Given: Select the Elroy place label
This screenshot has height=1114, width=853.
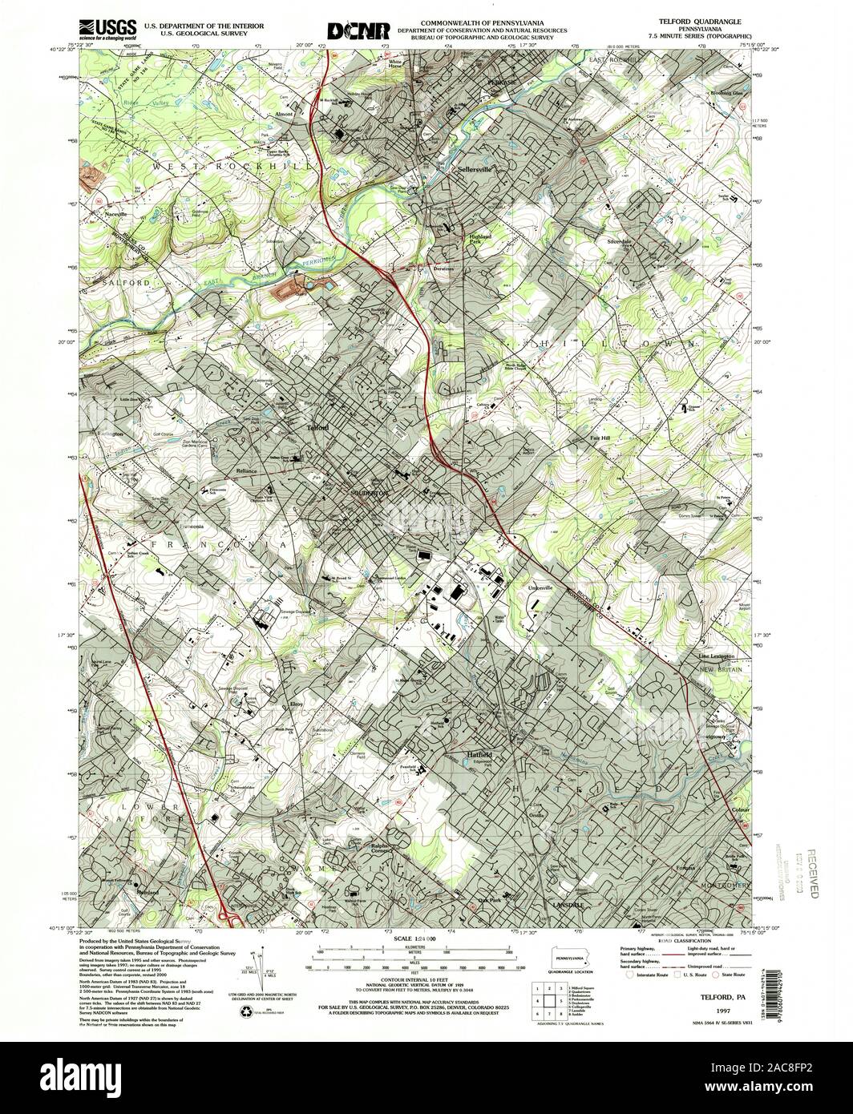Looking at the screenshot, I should pos(294,704).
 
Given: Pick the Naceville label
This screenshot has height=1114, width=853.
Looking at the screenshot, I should pos(117,215).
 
